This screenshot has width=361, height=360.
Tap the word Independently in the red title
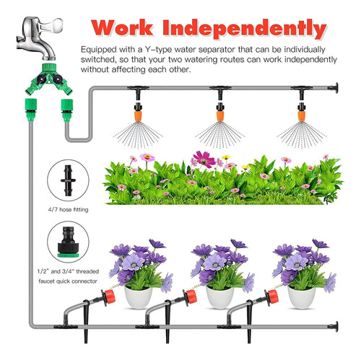(245, 29)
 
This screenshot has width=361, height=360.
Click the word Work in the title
(122, 27)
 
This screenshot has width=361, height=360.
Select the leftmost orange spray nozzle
(138, 115)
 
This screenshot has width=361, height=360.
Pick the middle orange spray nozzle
(220, 115)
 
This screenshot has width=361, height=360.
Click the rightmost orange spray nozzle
(301, 115)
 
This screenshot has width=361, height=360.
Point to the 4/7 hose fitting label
(68, 209)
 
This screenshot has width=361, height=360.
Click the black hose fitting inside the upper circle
(68, 180)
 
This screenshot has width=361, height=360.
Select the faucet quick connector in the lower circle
(68, 242)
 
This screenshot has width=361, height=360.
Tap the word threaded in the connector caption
(87, 271)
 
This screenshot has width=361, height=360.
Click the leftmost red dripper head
(109, 297)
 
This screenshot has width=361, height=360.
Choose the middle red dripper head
(191, 297)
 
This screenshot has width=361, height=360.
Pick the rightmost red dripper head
(272, 297)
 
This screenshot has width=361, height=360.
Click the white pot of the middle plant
(219, 297)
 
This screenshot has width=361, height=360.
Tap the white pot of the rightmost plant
(301, 297)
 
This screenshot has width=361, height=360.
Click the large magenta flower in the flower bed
(204, 159)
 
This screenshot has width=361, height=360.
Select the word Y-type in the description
(158, 50)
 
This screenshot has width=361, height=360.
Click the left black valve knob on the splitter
(43, 79)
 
